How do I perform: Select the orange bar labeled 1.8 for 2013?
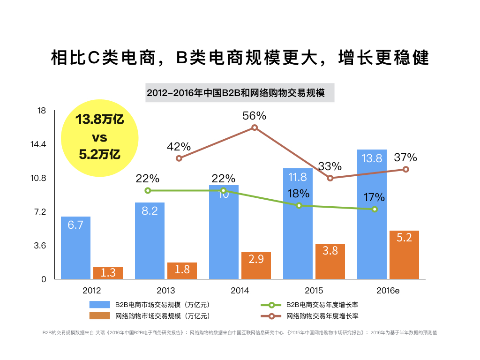click(x=182, y=270)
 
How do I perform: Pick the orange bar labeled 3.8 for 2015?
click(x=330, y=261)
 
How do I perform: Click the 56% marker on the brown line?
click(x=255, y=127)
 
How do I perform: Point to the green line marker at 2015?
click(x=299, y=205)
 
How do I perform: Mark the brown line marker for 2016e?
click(x=406, y=169)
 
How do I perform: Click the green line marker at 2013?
click(x=148, y=190)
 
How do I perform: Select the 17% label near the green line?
click(x=374, y=197)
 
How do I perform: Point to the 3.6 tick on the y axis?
click(x=40, y=246)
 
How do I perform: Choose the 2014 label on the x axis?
click(x=240, y=291)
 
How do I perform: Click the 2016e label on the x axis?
click(x=388, y=291)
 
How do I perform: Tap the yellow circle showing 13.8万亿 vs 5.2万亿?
click(x=100, y=137)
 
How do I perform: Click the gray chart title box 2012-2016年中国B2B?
click(x=240, y=93)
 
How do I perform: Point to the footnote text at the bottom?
click(x=240, y=333)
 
